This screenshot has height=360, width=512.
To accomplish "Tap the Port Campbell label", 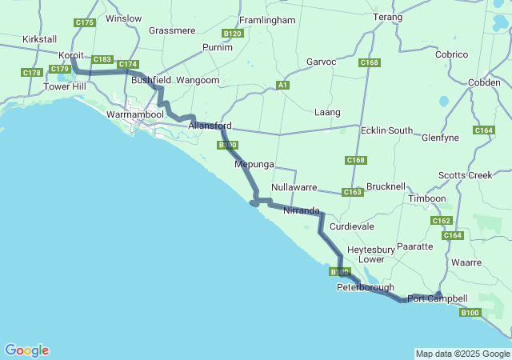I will coord(437,298).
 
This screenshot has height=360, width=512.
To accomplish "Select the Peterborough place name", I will coord(365,287).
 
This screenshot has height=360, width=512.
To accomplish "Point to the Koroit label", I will coord(71,55).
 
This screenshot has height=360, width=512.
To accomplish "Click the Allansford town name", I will coord(210,126).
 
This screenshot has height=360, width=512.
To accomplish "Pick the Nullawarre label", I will coord(295,187).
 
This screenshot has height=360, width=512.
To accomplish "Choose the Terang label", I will coord(387,17).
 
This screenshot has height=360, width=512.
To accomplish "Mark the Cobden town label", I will coord(483,82).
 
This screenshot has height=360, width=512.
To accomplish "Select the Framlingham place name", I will coord(268,18).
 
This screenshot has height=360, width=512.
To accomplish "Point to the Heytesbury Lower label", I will coord(370,254).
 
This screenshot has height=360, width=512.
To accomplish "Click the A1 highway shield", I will coord(282,85).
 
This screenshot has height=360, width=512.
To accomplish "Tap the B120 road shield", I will coord(233,34).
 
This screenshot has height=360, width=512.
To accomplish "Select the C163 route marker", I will coord(352,192).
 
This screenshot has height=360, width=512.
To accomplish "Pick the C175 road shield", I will coord(85,22).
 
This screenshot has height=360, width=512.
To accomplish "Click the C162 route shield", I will coord(442,220).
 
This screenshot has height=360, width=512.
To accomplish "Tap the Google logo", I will coord(26,350).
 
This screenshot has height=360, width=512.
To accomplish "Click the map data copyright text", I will coord(462,354).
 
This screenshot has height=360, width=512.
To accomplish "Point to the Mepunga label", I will coord(254,164).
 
